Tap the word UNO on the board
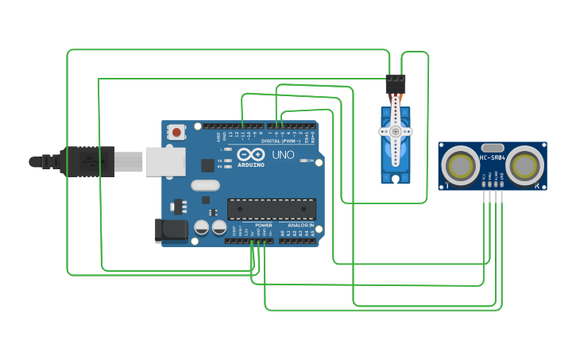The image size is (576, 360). pyautogui.click(x=284, y=154)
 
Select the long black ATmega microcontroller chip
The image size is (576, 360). pyautogui.click(x=271, y=209)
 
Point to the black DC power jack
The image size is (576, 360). pyautogui.click(x=170, y=230)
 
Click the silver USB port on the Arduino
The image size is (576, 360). pyautogui.click(x=164, y=161)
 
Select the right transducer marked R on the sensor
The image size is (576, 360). pyautogui.click(x=525, y=165)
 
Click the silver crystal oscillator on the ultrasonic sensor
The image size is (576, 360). pyautogui.click(x=493, y=147)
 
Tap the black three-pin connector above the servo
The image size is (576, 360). pyautogui.click(x=395, y=83)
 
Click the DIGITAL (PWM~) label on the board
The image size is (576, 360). pyautogui.click(x=280, y=141)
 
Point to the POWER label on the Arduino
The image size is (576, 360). pyautogui.click(x=263, y=226)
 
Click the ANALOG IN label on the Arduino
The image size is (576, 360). pyautogui.click(x=300, y=226)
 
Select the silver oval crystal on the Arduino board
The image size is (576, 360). pyautogui.click(x=204, y=185)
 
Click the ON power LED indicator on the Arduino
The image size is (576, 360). pyautogui.click(x=304, y=161)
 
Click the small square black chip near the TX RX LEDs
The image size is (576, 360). pyautogui.click(x=207, y=165)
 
